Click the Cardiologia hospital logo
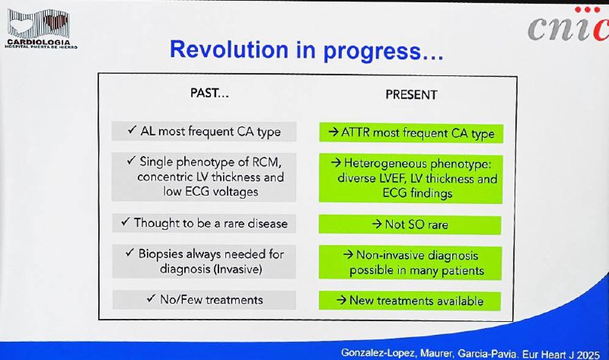40,28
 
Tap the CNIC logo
568,24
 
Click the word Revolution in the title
229,49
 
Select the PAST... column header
209,93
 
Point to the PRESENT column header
411,95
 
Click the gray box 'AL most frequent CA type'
204,131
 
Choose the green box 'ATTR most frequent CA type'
411,133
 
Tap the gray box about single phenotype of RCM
204,177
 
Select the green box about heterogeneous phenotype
410,178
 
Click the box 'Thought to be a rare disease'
204,223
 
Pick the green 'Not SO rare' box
410,225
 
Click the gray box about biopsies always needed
204,261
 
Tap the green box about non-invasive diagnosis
410,263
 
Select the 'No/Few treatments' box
204,300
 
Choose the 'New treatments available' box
410,301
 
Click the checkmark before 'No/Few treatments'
151,298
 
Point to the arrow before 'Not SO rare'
376,224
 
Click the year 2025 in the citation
588,354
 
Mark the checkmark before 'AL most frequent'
132,129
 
